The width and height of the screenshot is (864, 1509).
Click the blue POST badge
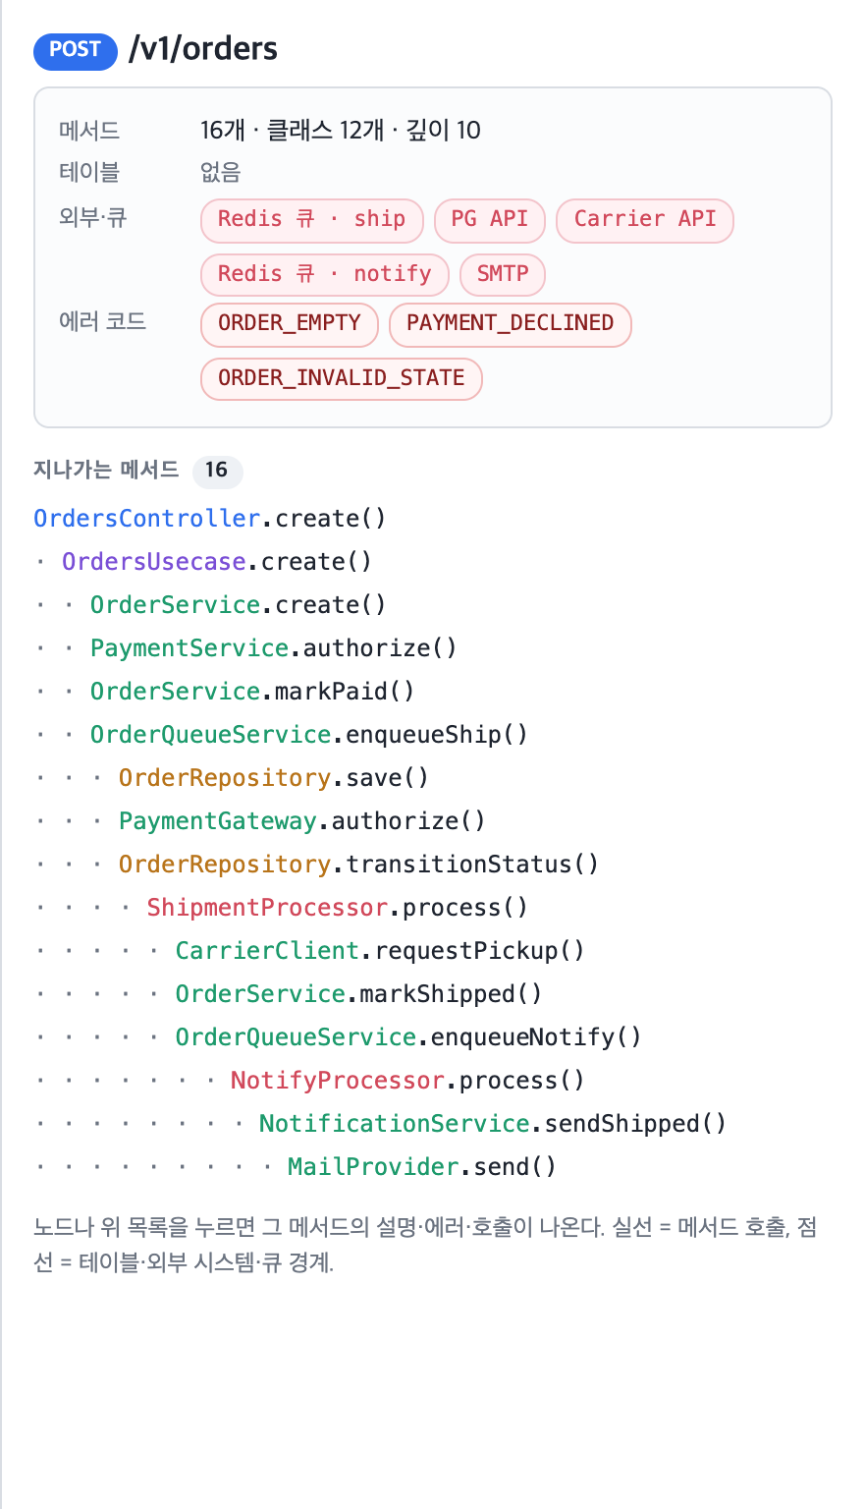click(x=76, y=50)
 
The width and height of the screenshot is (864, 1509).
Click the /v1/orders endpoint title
click(x=202, y=49)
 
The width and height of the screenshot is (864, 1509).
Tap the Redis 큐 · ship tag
click(x=312, y=220)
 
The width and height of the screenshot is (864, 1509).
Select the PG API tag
click(x=490, y=220)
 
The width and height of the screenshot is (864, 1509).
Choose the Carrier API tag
click(x=644, y=220)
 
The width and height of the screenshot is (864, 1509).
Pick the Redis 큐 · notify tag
click(x=325, y=275)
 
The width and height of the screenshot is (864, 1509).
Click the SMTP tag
click(x=503, y=275)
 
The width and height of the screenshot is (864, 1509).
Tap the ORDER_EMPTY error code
click(x=290, y=325)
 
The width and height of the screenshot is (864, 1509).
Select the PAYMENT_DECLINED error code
click(x=511, y=325)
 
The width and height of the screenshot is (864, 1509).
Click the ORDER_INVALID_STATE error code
click(x=342, y=379)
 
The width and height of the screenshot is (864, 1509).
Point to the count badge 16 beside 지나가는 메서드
click(x=217, y=471)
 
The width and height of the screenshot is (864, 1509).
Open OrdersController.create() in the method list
click(x=209, y=519)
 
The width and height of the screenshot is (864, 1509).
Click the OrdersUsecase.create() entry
click(x=216, y=562)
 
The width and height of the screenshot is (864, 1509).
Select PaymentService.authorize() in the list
click(x=273, y=648)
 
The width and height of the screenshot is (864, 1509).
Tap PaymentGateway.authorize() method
click(x=301, y=821)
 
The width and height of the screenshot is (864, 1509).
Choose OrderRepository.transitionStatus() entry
click(x=358, y=865)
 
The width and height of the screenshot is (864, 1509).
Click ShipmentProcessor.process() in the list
click(x=337, y=908)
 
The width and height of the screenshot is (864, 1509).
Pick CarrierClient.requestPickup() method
click(x=379, y=951)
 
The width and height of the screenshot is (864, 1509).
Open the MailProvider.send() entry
click(x=421, y=1167)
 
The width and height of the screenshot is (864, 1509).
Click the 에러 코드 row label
click(x=102, y=321)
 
